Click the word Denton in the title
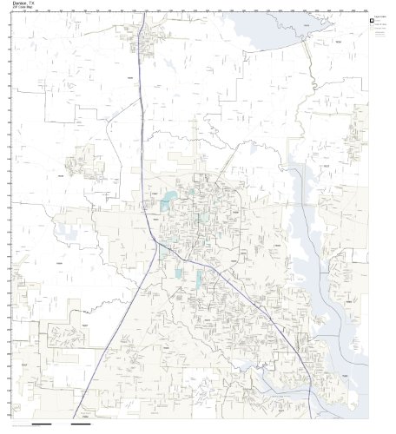tap(20, 4)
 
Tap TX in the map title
tap(32, 4)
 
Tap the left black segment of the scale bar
tap(40, 425)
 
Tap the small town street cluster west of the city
tap(87, 160)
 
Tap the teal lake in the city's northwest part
tap(165, 206)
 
